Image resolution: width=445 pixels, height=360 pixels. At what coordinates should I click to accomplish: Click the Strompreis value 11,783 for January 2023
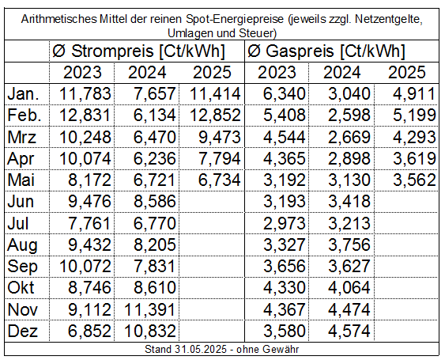pos(85,94)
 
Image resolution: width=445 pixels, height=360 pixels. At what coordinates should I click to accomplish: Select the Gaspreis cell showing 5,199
pos(414,116)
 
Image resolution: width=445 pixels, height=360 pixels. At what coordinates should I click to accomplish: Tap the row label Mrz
pos(22,137)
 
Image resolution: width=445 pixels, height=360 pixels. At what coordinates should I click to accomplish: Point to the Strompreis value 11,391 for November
pos(149,309)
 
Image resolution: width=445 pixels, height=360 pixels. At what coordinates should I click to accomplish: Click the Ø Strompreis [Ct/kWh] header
pos(138,51)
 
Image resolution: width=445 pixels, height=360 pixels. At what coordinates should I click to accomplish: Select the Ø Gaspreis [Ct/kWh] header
pos(326,51)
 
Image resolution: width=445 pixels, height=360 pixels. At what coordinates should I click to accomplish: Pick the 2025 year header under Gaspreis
pos(407,73)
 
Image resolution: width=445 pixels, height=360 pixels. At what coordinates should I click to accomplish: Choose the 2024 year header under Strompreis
pos(147,73)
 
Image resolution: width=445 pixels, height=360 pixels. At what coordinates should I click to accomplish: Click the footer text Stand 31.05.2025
pos(186,349)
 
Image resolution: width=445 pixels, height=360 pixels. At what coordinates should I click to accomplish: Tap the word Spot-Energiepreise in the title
pos(235,19)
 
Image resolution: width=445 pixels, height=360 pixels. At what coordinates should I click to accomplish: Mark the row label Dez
pos(22,331)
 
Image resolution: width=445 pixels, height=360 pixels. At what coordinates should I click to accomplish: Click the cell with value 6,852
pos(89,331)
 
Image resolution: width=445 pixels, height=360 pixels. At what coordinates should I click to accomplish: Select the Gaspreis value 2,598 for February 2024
pos(349,116)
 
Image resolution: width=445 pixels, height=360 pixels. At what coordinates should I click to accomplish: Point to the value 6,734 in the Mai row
pos(220,180)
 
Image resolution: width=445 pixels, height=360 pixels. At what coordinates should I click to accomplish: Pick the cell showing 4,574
pos(349,331)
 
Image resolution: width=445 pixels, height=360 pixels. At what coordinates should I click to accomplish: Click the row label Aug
pos(22,245)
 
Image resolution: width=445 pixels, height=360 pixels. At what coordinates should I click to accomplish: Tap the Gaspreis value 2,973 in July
pos(285,223)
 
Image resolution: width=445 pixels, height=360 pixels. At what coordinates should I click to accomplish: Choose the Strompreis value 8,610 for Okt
pos(155,288)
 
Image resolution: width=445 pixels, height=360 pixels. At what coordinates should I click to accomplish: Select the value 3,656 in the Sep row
pos(285,267)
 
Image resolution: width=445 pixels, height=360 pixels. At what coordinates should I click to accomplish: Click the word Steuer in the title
pos(256,33)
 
